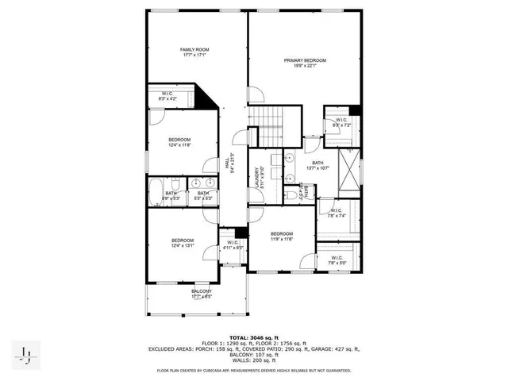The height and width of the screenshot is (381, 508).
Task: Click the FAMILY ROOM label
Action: click(x=194, y=52)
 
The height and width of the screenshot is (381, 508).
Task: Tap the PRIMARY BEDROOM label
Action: click(x=306, y=63)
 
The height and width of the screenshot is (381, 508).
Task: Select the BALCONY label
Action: click(x=201, y=294)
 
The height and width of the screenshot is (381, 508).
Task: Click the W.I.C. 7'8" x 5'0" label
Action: click(x=336, y=260)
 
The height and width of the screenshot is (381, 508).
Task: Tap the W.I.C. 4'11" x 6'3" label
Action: click(x=233, y=245)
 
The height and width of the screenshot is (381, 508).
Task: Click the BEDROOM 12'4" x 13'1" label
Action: click(x=183, y=243)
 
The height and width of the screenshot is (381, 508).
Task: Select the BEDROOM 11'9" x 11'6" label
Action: click(x=282, y=236)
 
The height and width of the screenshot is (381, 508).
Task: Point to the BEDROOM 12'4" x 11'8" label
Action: click(x=179, y=143)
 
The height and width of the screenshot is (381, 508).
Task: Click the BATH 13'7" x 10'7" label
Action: click(x=317, y=165)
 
